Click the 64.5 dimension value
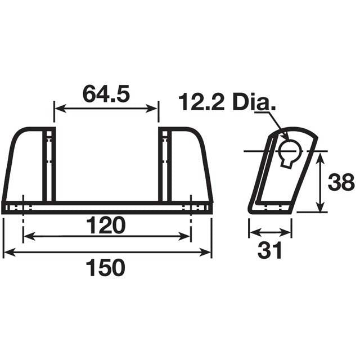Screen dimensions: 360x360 (106, 93)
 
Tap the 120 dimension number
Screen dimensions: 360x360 (106, 226)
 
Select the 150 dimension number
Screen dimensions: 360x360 (106, 268)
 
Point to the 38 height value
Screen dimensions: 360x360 (342, 183)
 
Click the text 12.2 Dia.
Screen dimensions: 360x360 (227, 103)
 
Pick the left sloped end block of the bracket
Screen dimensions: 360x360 (24, 166)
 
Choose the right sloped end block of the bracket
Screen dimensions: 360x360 (190, 166)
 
